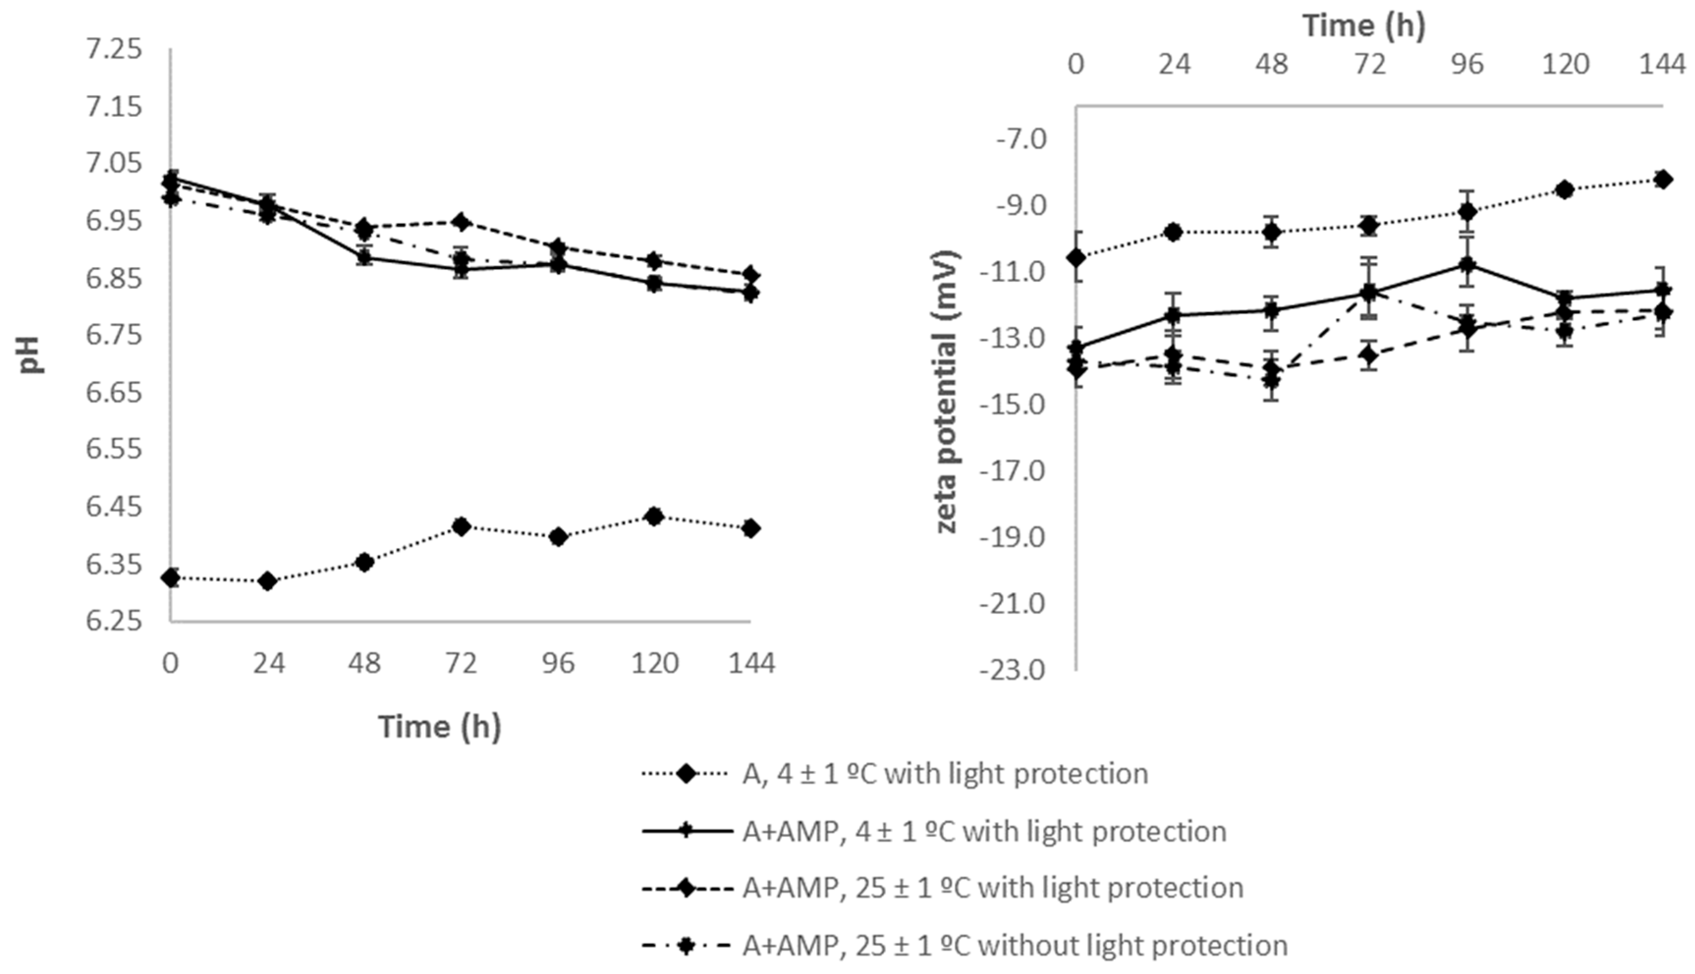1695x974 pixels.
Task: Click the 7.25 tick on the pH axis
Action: coord(114,50)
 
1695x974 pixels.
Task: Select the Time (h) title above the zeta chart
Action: coord(1365,26)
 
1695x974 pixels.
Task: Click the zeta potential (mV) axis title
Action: coord(947,391)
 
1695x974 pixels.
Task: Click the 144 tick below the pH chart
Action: coord(750,663)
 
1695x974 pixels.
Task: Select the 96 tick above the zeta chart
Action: coord(1468,65)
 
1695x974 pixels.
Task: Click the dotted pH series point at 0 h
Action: coord(171,577)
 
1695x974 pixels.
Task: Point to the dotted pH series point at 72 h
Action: coord(461,526)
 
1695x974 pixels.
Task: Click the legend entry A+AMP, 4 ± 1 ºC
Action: coord(984,832)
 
